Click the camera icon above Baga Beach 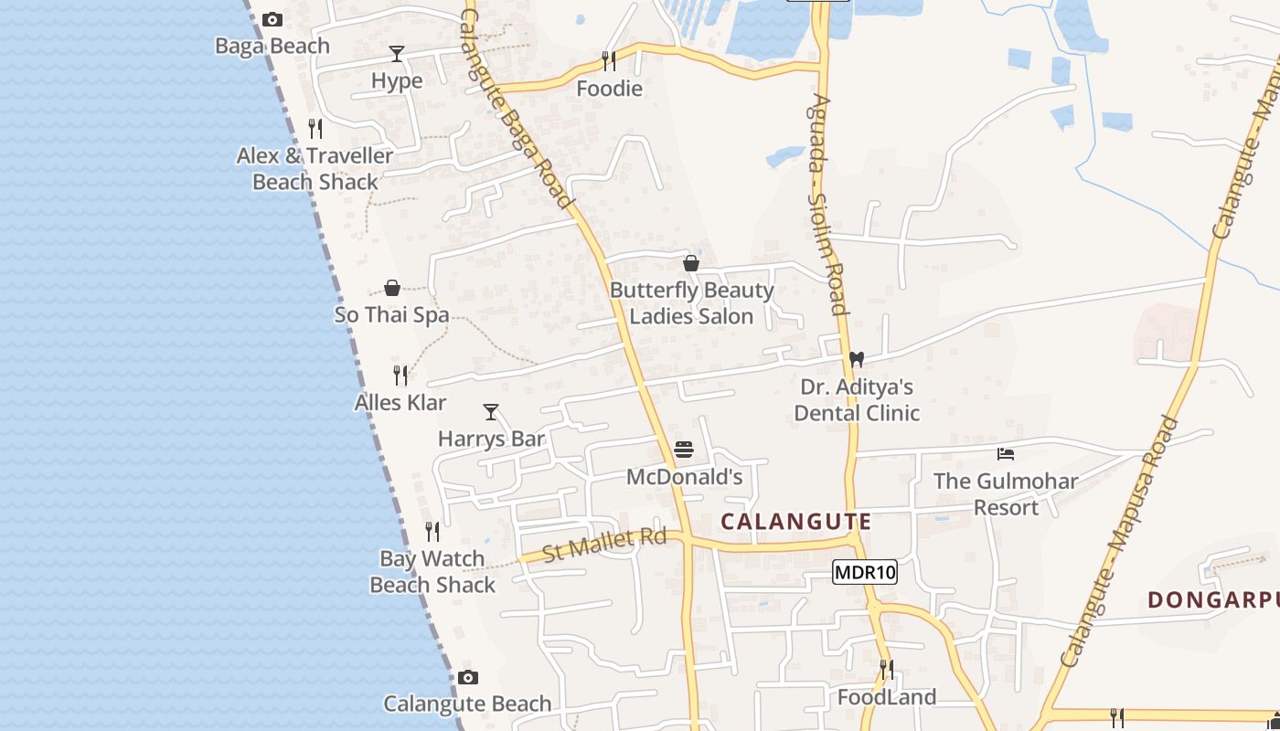click(272, 19)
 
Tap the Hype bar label click(397, 80)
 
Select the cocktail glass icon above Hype click(397, 54)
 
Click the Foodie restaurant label click(609, 89)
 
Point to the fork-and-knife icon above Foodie click(609, 61)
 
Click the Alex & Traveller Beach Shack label click(315, 169)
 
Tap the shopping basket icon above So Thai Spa click(392, 289)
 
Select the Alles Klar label click(400, 402)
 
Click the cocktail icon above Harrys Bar click(491, 412)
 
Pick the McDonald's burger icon click(684, 450)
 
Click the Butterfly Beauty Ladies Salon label click(691, 303)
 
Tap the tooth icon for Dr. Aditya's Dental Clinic click(857, 360)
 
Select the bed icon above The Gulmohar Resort click(1006, 454)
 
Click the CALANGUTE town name click(796, 522)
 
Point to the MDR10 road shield click(865, 573)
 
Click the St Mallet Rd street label click(604, 545)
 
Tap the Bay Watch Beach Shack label click(432, 571)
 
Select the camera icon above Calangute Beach click(468, 678)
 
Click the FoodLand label click(887, 697)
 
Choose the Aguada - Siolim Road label click(827, 206)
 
